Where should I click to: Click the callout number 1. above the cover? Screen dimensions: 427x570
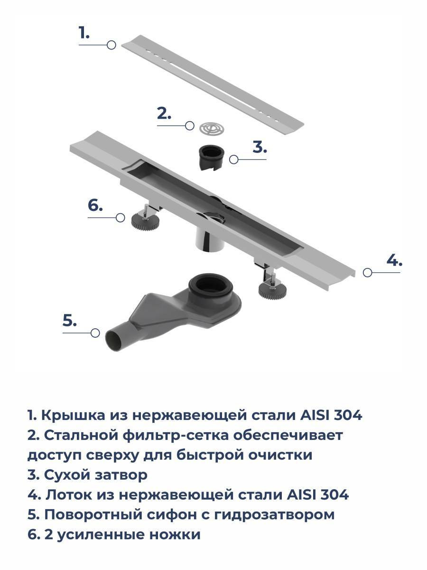tap(84, 33)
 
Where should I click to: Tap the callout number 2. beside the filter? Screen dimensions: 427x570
tap(164, 113)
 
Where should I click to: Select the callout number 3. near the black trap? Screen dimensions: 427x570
tap(260, 147)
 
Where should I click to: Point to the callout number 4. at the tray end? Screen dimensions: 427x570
tap(394, 260)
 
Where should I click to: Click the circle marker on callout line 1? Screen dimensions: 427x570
tap(111, 45)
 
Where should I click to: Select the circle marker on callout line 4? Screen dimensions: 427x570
tap(367, 272)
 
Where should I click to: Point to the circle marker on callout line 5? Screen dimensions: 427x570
tap(95, 333)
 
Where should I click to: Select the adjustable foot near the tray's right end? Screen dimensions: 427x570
tap(272, 288)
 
